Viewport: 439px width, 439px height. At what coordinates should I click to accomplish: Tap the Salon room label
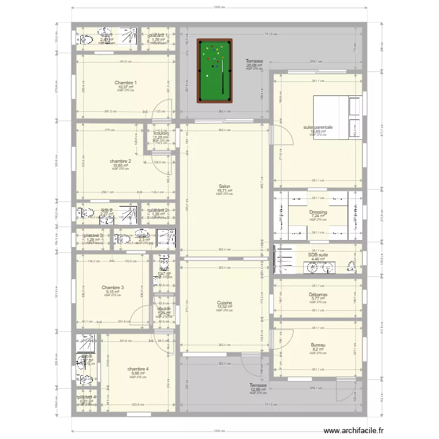pos(224,187)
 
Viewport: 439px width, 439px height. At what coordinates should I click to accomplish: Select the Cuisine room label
pos(224,303)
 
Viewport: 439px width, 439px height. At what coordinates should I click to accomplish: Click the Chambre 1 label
pos(126,83)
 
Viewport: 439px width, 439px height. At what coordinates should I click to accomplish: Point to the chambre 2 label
pos(120,162)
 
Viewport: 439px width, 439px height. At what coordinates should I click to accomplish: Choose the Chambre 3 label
pos(112,287)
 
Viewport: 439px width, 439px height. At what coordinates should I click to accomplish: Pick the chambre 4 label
pos(138,369)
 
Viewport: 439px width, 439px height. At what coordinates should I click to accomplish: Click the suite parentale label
pos(318,127)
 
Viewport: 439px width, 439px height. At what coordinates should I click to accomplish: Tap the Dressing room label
pos(318,212)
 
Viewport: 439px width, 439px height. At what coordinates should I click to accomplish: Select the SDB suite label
pos(318,255)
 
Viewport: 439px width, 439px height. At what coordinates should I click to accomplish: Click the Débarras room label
pos(318,295)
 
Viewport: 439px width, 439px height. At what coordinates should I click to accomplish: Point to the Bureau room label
pos(318,345)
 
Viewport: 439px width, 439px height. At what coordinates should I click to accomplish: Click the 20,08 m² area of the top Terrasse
pos(255,65)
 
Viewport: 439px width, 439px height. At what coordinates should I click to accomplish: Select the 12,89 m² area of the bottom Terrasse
pos(258,390)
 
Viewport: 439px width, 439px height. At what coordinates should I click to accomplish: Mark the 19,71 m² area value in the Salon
pos(224,191)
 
